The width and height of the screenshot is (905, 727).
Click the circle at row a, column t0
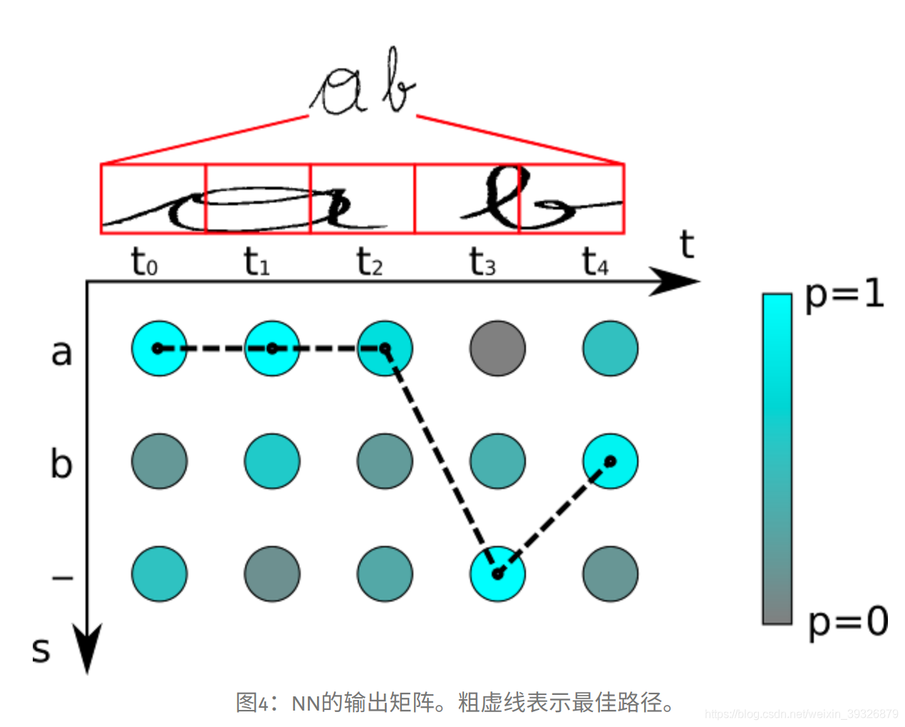159,348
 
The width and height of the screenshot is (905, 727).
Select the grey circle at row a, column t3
497,348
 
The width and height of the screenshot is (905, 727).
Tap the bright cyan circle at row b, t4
610,461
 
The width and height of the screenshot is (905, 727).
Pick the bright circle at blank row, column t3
497,574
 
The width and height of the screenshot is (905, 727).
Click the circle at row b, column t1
272,461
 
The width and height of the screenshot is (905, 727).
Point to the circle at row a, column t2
385,348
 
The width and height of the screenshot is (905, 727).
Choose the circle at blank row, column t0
159,574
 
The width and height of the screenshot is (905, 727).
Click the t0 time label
144,262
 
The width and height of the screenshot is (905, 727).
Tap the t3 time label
482,262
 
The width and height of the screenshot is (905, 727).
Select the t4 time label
595,262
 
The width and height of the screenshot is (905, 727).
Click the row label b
61,463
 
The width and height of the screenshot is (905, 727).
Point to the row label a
61,352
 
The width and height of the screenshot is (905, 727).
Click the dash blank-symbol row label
63,577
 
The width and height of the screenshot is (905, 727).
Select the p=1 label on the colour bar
844,294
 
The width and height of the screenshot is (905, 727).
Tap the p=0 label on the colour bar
848,622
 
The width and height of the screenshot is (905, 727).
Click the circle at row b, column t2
385,461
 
